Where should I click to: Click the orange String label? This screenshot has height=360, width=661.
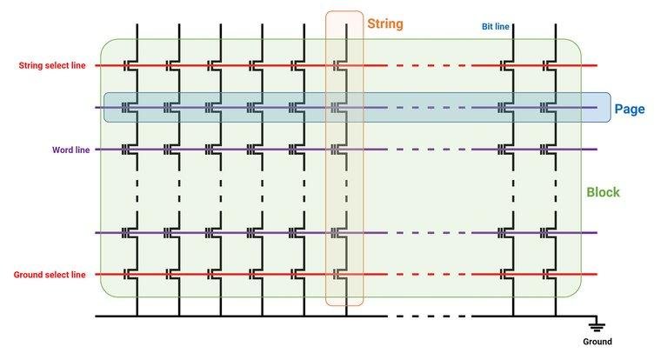[384, 23]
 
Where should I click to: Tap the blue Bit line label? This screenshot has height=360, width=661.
[497, 27]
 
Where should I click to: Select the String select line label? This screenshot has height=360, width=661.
[52, 65]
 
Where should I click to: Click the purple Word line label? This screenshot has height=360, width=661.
[71, 150]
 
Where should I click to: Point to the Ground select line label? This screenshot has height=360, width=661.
[50, 275]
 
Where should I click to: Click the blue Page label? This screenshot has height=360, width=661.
[628, 110]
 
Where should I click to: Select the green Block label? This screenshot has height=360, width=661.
[603, 192]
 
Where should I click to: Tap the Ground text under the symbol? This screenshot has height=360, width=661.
[597, 342]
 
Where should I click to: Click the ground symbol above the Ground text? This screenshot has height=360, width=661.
[597, 325]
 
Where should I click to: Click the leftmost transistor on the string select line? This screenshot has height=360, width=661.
[130, 65]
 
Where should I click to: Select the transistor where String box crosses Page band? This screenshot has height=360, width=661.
[338, 108]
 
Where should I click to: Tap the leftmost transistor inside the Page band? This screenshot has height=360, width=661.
[130, 108]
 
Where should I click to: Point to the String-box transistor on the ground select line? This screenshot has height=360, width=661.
[338, 275]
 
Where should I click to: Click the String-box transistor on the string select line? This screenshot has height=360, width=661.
[338, 65]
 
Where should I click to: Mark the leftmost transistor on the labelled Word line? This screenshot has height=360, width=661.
[130, 150]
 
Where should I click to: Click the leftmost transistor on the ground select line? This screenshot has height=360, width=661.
[130, 275]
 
